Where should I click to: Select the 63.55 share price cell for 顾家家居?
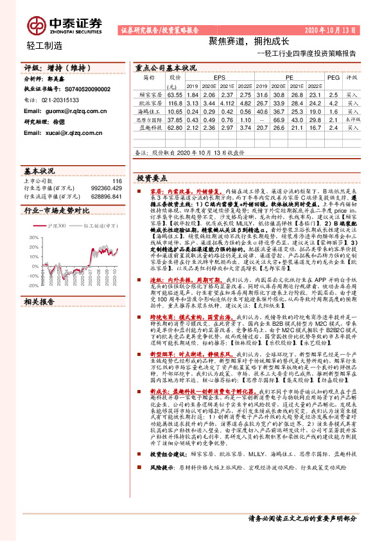tap(175, 94)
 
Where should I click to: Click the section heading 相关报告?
tap(38, 301)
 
